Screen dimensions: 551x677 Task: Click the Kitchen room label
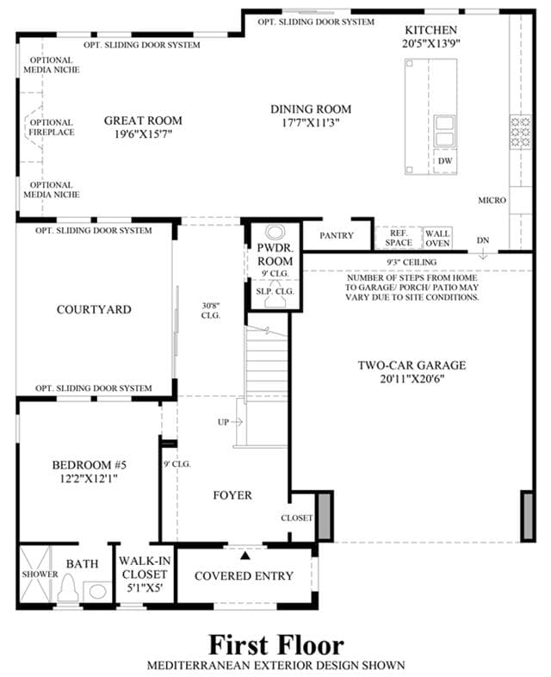(x=430, y=30)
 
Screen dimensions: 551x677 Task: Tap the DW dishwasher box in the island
(x=445, y=160)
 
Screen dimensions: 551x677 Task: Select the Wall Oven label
(x=437, y=239)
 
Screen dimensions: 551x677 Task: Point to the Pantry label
(x=337, y=235)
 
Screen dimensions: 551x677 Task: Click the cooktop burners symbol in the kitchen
(x=520, y=132)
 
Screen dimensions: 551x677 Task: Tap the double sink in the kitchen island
(x=444, y=131)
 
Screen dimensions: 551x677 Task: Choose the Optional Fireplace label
(x=52, y=127)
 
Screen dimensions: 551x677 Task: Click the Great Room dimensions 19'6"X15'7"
(x=143, y=134)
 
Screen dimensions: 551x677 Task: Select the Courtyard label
(x=94, y=309)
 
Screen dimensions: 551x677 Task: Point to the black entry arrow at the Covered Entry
(x=245, y=556)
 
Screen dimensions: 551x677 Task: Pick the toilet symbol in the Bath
(x=68, y=588)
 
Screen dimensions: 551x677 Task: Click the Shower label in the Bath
(x=40, y=575)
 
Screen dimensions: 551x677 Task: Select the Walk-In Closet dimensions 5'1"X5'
(x=144, y=588)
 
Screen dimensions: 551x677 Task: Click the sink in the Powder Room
(x=275, y=233)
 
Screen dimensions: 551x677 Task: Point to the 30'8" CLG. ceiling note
(x=211, y=310)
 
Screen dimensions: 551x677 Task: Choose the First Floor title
(x=276, y=645)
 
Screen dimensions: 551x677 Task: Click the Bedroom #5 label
(x=90, y=465)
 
